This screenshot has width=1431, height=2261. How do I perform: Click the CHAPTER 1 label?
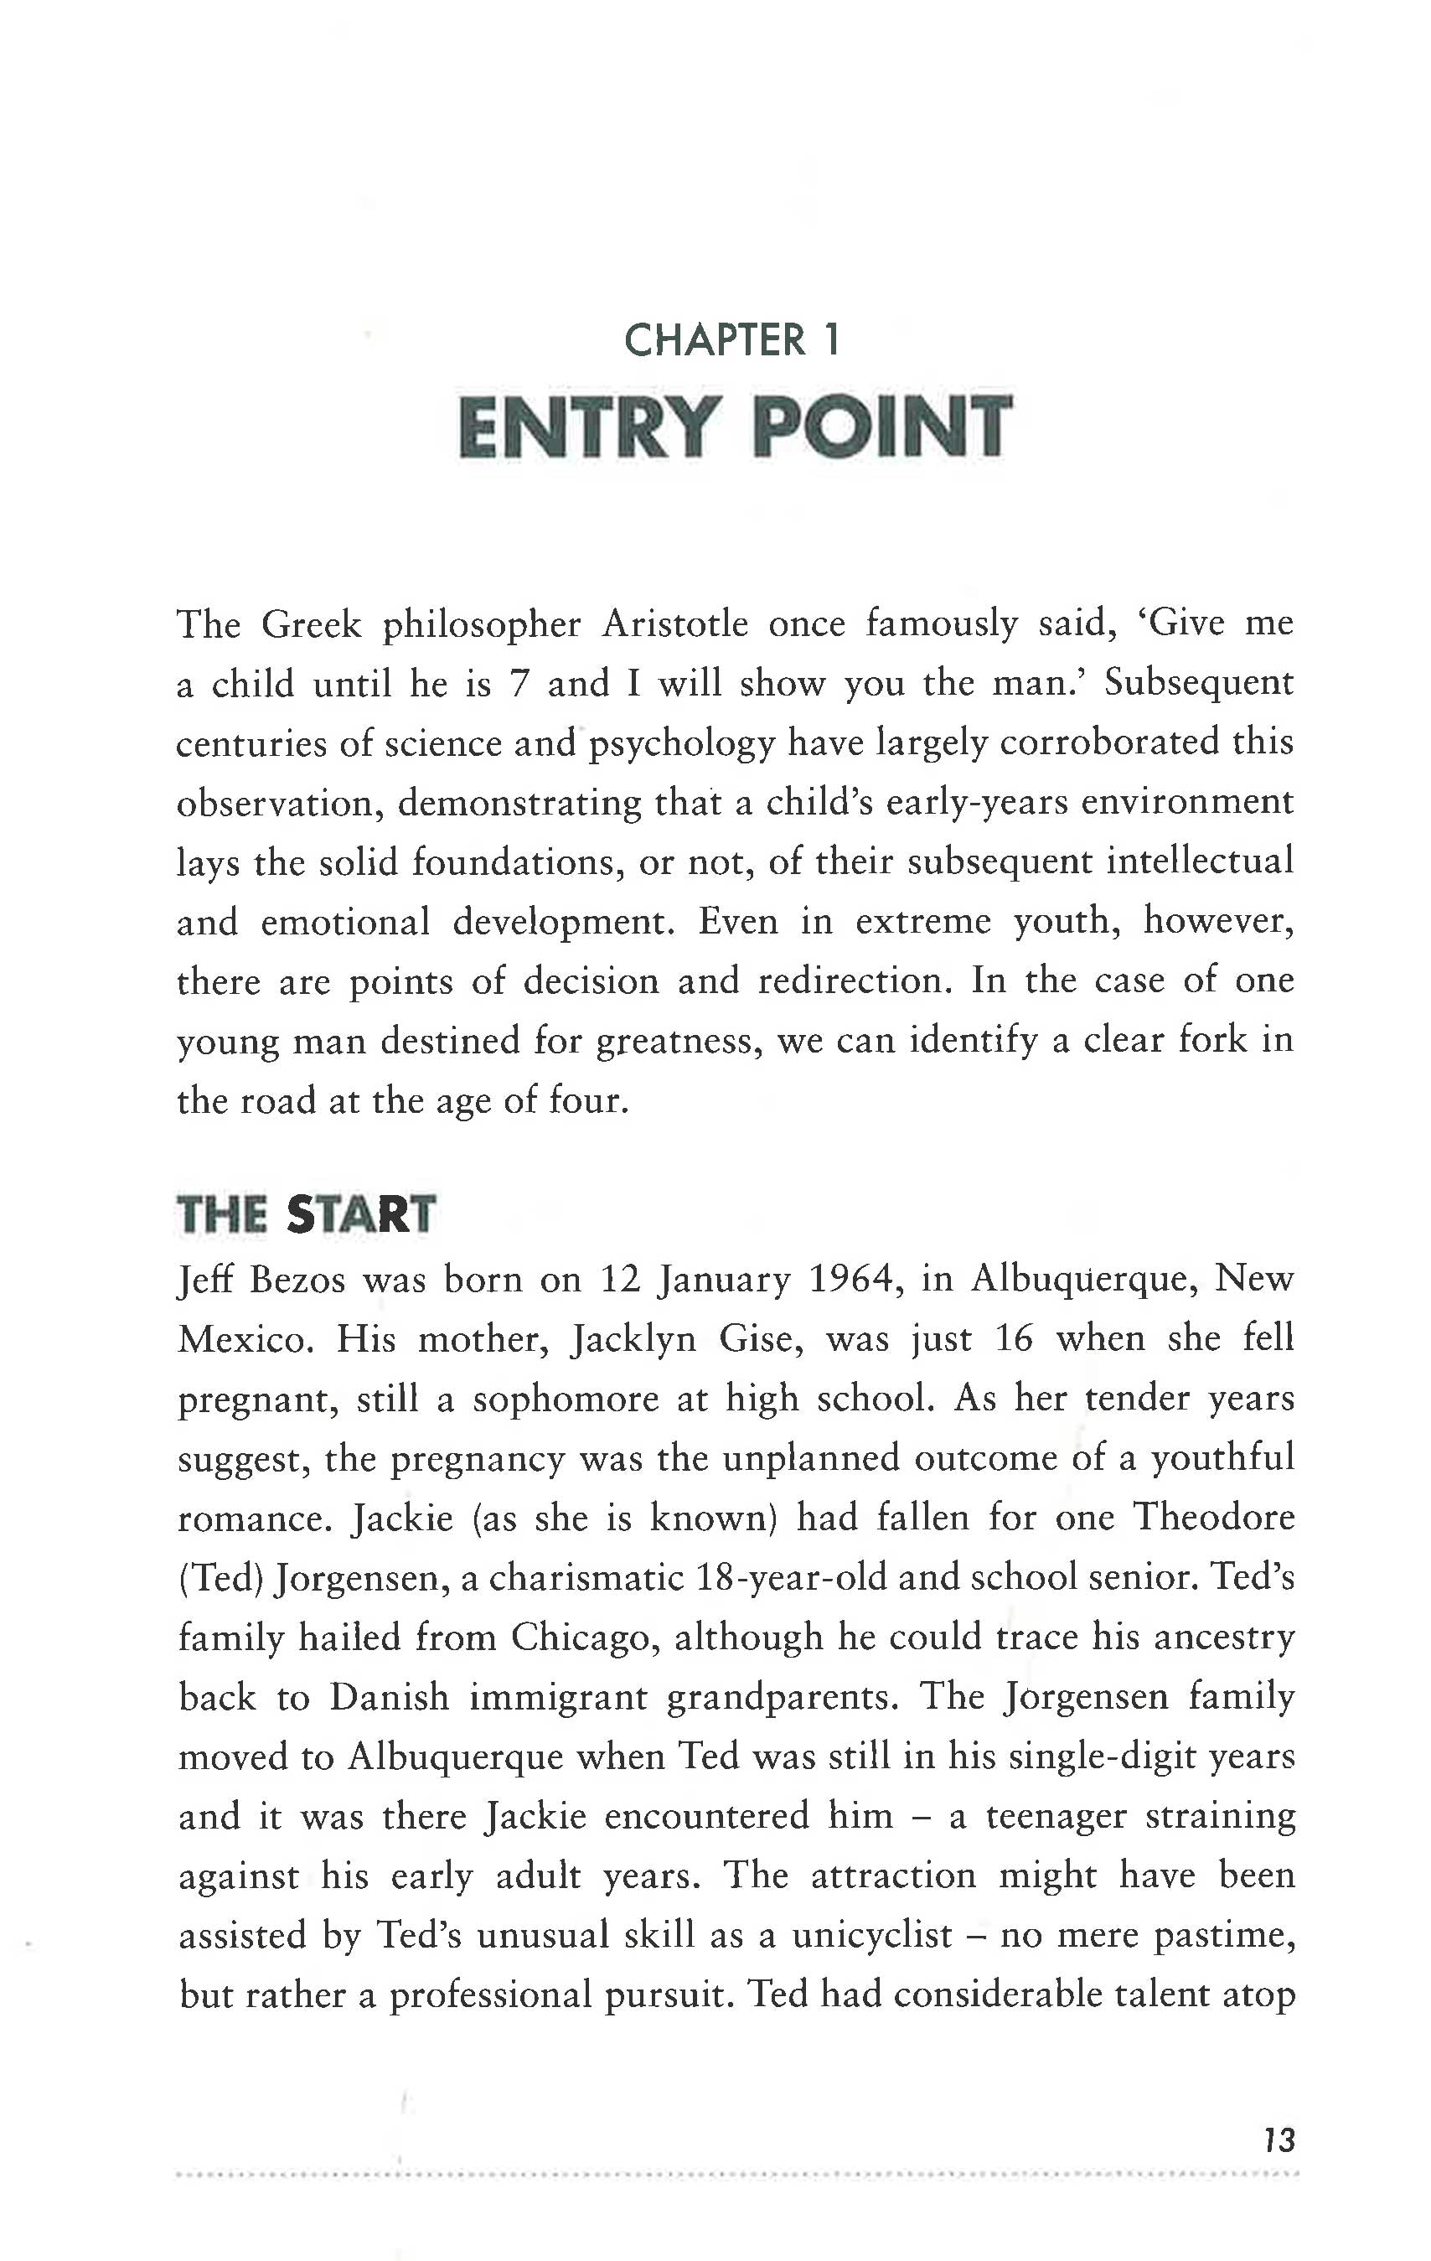731,340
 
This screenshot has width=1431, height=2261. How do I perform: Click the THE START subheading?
306,1214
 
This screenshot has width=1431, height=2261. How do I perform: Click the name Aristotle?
674,623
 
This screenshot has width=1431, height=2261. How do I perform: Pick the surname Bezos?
297,1280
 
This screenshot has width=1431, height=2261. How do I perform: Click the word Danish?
389,1697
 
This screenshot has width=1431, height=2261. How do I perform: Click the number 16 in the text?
1013,1339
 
